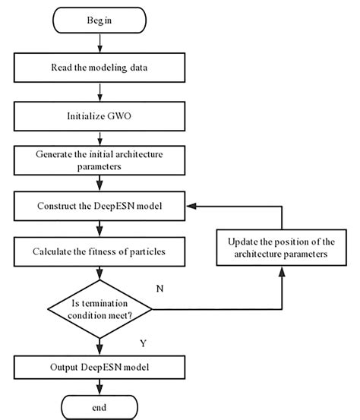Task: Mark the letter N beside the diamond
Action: (x=179, y=289)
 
